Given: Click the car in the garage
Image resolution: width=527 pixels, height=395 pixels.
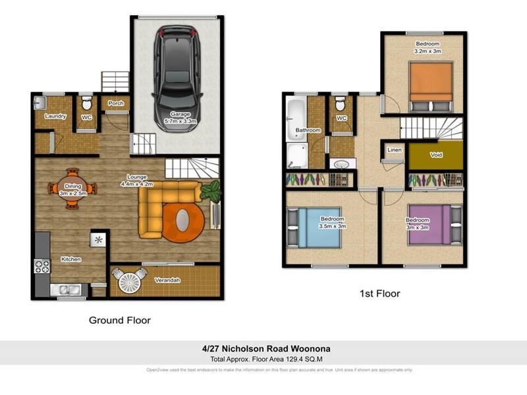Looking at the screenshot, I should [176, 72].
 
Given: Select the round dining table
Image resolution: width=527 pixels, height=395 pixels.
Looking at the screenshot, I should [72, 188].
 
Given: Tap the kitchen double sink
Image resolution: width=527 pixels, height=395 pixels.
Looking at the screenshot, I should [68, 289].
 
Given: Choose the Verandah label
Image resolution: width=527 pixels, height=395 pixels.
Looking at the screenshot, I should [168, 280].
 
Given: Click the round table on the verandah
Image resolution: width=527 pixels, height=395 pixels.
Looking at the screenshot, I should [129, 282].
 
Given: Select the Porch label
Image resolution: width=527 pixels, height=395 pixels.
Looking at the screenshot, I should [116, 103].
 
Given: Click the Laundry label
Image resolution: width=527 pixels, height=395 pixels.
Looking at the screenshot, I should [55, 117].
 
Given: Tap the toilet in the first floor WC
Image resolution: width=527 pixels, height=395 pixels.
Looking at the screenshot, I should [340, 105].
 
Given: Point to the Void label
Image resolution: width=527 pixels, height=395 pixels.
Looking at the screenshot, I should [435, 155].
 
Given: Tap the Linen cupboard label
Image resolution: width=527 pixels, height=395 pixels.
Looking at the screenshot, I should [394, 150].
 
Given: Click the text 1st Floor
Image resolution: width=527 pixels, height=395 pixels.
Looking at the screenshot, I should [379, 294].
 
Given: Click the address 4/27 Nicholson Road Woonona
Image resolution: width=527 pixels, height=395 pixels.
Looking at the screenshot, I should [262, 348].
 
